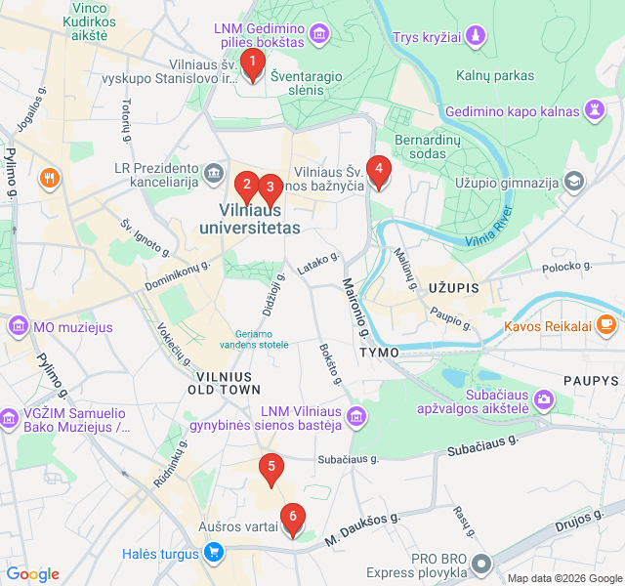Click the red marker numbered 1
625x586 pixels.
pyautogui.click(x=253, y=65)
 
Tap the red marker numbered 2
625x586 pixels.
pyautogui.click(x=247, y=184)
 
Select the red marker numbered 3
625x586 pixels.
pyautogui.click(x=271, y=187)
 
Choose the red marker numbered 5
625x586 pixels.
pyautogui.click(x=271, y=468)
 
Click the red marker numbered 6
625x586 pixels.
pyautogui.click(x=291, y=519)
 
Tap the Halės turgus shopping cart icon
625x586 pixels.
pyautogui.click(x=214, y=554)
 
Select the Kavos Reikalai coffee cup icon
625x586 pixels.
pyautogui.click(x=606, y=323)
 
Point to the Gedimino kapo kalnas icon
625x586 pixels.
pyautogui.click(x=594, y=111)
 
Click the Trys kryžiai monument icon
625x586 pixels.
pyautogui.click(x=475, y=37)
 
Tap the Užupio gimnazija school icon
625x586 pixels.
pyautogui.click(x=575, y=183)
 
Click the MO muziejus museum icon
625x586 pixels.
pyautogui.click(x=18, y=326)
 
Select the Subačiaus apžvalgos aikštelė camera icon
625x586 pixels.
pyautogui.click(x=543, y=398)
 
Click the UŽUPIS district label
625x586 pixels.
pyautogui.click(x=453, y=288)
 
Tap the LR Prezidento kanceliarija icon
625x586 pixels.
pyautogui.click(x=214, y=175)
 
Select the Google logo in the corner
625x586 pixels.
pyautogui.click(x=32, y=574)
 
